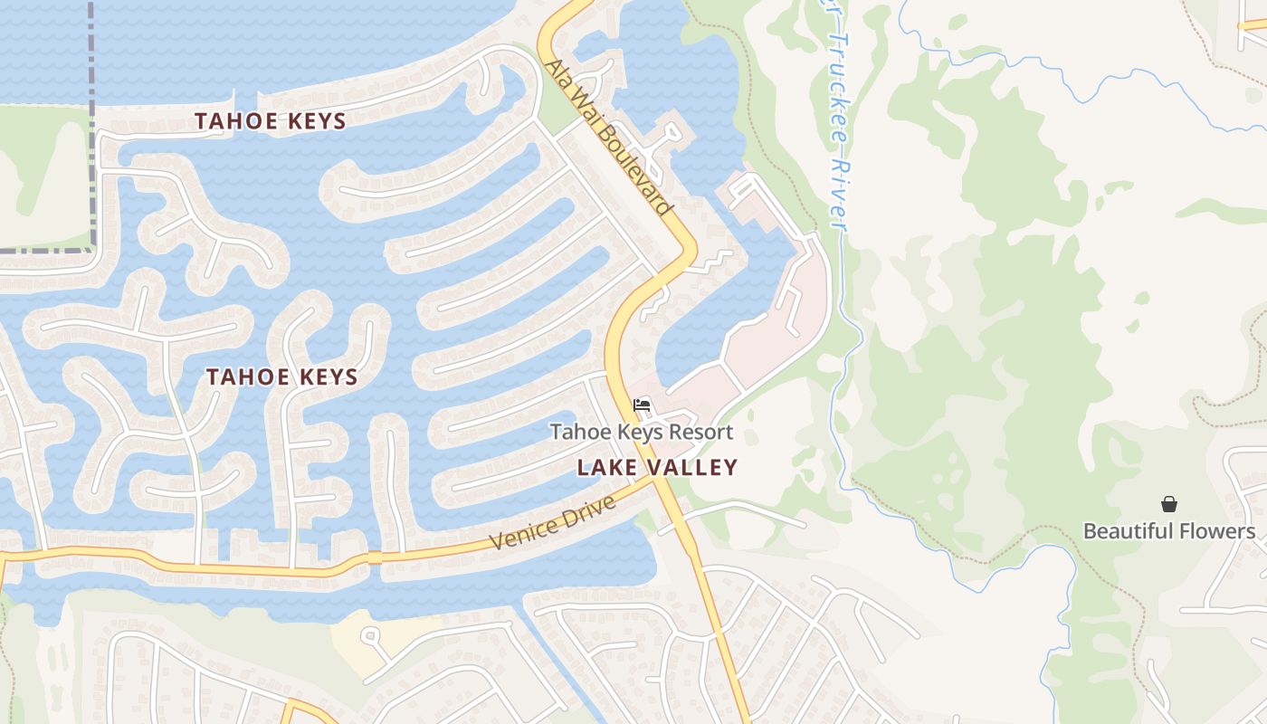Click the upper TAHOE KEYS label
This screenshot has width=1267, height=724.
click(271, 121)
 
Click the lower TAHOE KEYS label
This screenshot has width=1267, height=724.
click(282, 377)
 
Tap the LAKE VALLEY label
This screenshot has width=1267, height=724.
click(658, 468)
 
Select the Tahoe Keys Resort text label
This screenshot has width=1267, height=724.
click(642, 432)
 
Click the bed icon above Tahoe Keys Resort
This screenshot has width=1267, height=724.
click(642, 405)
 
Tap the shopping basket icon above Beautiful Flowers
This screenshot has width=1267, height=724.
click(1169, 504)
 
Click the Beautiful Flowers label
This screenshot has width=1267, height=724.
click(1169, 531)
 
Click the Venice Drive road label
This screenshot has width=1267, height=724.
click(553, 521)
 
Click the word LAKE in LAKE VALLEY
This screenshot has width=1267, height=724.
click(603, 468)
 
